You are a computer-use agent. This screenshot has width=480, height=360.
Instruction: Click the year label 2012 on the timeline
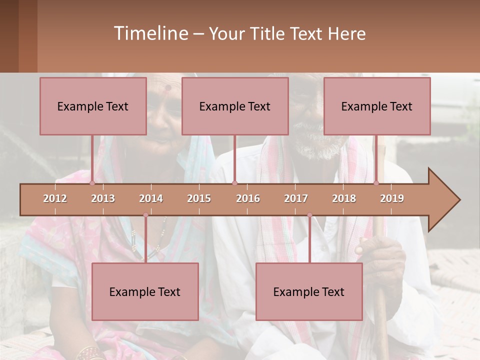point(55,198)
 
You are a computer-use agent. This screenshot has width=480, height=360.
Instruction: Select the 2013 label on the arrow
point(103,198)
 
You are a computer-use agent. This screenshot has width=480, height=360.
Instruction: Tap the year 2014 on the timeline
point(151,198)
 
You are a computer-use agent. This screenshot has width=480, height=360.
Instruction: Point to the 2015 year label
point(199,198)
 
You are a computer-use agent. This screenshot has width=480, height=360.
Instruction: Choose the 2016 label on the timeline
point(248,198)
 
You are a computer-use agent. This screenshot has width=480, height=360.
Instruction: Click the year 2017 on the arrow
point(296,198)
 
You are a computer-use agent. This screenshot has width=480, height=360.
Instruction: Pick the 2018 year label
point(344,198)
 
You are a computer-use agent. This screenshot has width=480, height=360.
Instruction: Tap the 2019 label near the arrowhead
point(392,198)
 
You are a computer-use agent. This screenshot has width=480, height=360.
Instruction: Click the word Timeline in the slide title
point(150,33)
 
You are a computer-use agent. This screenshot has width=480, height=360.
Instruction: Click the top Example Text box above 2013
point(93,106)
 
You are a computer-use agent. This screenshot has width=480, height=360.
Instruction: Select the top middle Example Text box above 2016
point(235,106)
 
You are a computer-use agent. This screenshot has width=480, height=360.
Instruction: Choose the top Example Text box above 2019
point(377,106)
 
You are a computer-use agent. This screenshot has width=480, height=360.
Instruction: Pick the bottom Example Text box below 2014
point(145,291)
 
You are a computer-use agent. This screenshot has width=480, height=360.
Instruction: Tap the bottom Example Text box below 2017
point(309,291)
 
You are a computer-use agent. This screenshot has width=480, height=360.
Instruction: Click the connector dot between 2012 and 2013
point(92,183)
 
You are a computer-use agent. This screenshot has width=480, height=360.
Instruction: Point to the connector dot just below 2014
point(145,215)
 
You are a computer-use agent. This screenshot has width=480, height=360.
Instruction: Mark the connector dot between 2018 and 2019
point(376,183)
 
